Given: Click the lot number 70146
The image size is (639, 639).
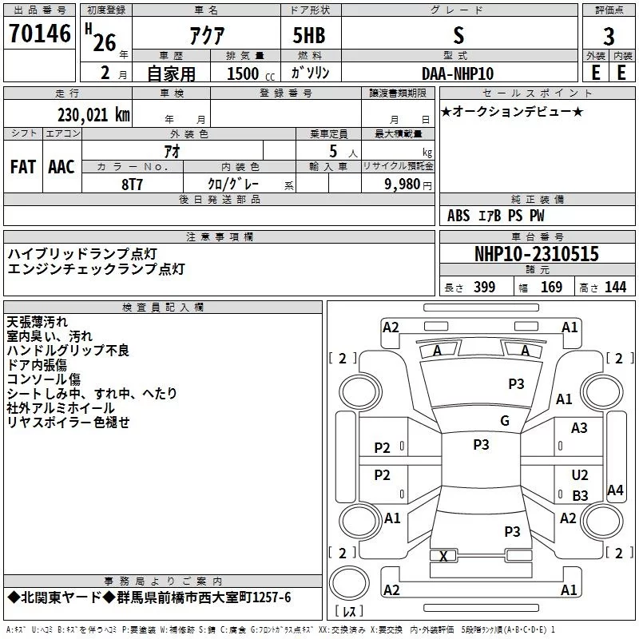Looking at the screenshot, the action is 39,34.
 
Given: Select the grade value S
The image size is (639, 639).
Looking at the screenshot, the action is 458,35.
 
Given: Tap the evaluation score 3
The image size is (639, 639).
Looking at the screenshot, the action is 609,36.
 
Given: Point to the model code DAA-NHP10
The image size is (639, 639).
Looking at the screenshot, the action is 458,73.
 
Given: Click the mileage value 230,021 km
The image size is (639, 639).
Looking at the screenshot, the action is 93,114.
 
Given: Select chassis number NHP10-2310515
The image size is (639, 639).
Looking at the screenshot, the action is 536,254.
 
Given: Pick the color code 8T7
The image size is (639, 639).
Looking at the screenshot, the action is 133,183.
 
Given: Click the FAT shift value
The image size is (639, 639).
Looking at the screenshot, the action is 22,166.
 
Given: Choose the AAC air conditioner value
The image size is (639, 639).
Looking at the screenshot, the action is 62,166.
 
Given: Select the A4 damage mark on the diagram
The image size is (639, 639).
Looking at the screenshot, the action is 615,490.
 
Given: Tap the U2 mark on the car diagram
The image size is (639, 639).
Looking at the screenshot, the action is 580,475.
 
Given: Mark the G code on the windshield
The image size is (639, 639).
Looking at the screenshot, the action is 504,421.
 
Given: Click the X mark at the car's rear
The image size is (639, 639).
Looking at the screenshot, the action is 443,556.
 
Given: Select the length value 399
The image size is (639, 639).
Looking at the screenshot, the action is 484,288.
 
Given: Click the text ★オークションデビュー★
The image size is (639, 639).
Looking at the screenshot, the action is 512,111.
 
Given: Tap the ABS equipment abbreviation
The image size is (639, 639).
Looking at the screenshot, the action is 458,216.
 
